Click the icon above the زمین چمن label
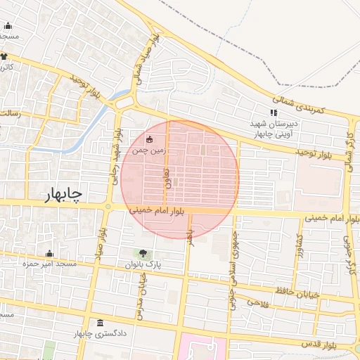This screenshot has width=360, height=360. (149, 138)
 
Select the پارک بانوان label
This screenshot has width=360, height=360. (143, 265)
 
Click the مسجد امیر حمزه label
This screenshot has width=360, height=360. (49, 264)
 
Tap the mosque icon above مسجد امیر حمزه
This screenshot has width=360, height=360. (49, 253)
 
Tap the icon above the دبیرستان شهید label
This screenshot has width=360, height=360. (274, 113)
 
